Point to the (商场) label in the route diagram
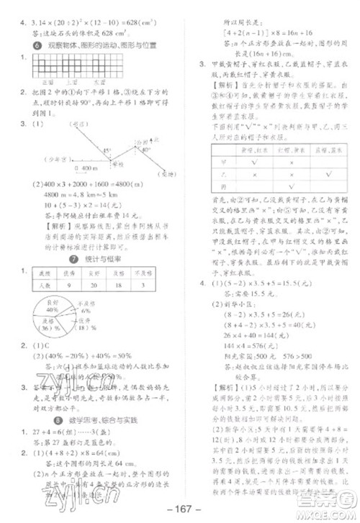167,173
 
